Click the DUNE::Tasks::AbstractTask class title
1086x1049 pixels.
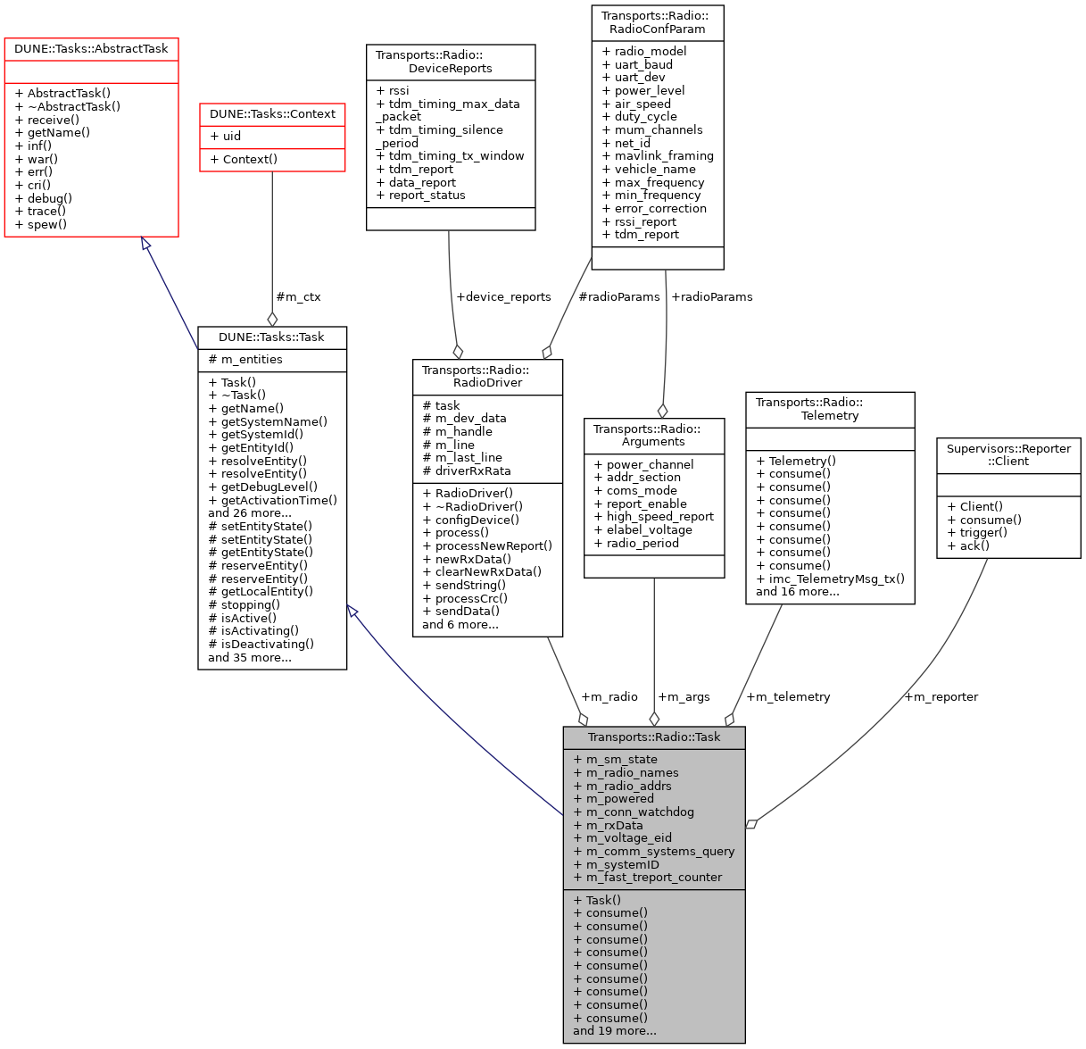[x=91, y=49]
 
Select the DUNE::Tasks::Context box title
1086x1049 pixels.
[x=272, y=114]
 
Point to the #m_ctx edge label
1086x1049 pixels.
[x=298, y=296]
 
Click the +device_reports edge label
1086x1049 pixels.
[x=503, y=296]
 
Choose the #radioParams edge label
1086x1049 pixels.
[x=619, y=296]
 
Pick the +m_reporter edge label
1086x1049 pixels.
[x=941, y=696]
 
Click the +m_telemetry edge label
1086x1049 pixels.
[x=788, y=696]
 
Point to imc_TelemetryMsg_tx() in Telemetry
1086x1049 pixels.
[x=830, y=579]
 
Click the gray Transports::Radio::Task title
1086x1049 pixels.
[x=653, y=737]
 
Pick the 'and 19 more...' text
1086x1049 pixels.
[x=614, y=1030]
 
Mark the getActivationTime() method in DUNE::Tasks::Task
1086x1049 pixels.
[x=272, y=500]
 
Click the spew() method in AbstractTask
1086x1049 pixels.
[x=46, y=224]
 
